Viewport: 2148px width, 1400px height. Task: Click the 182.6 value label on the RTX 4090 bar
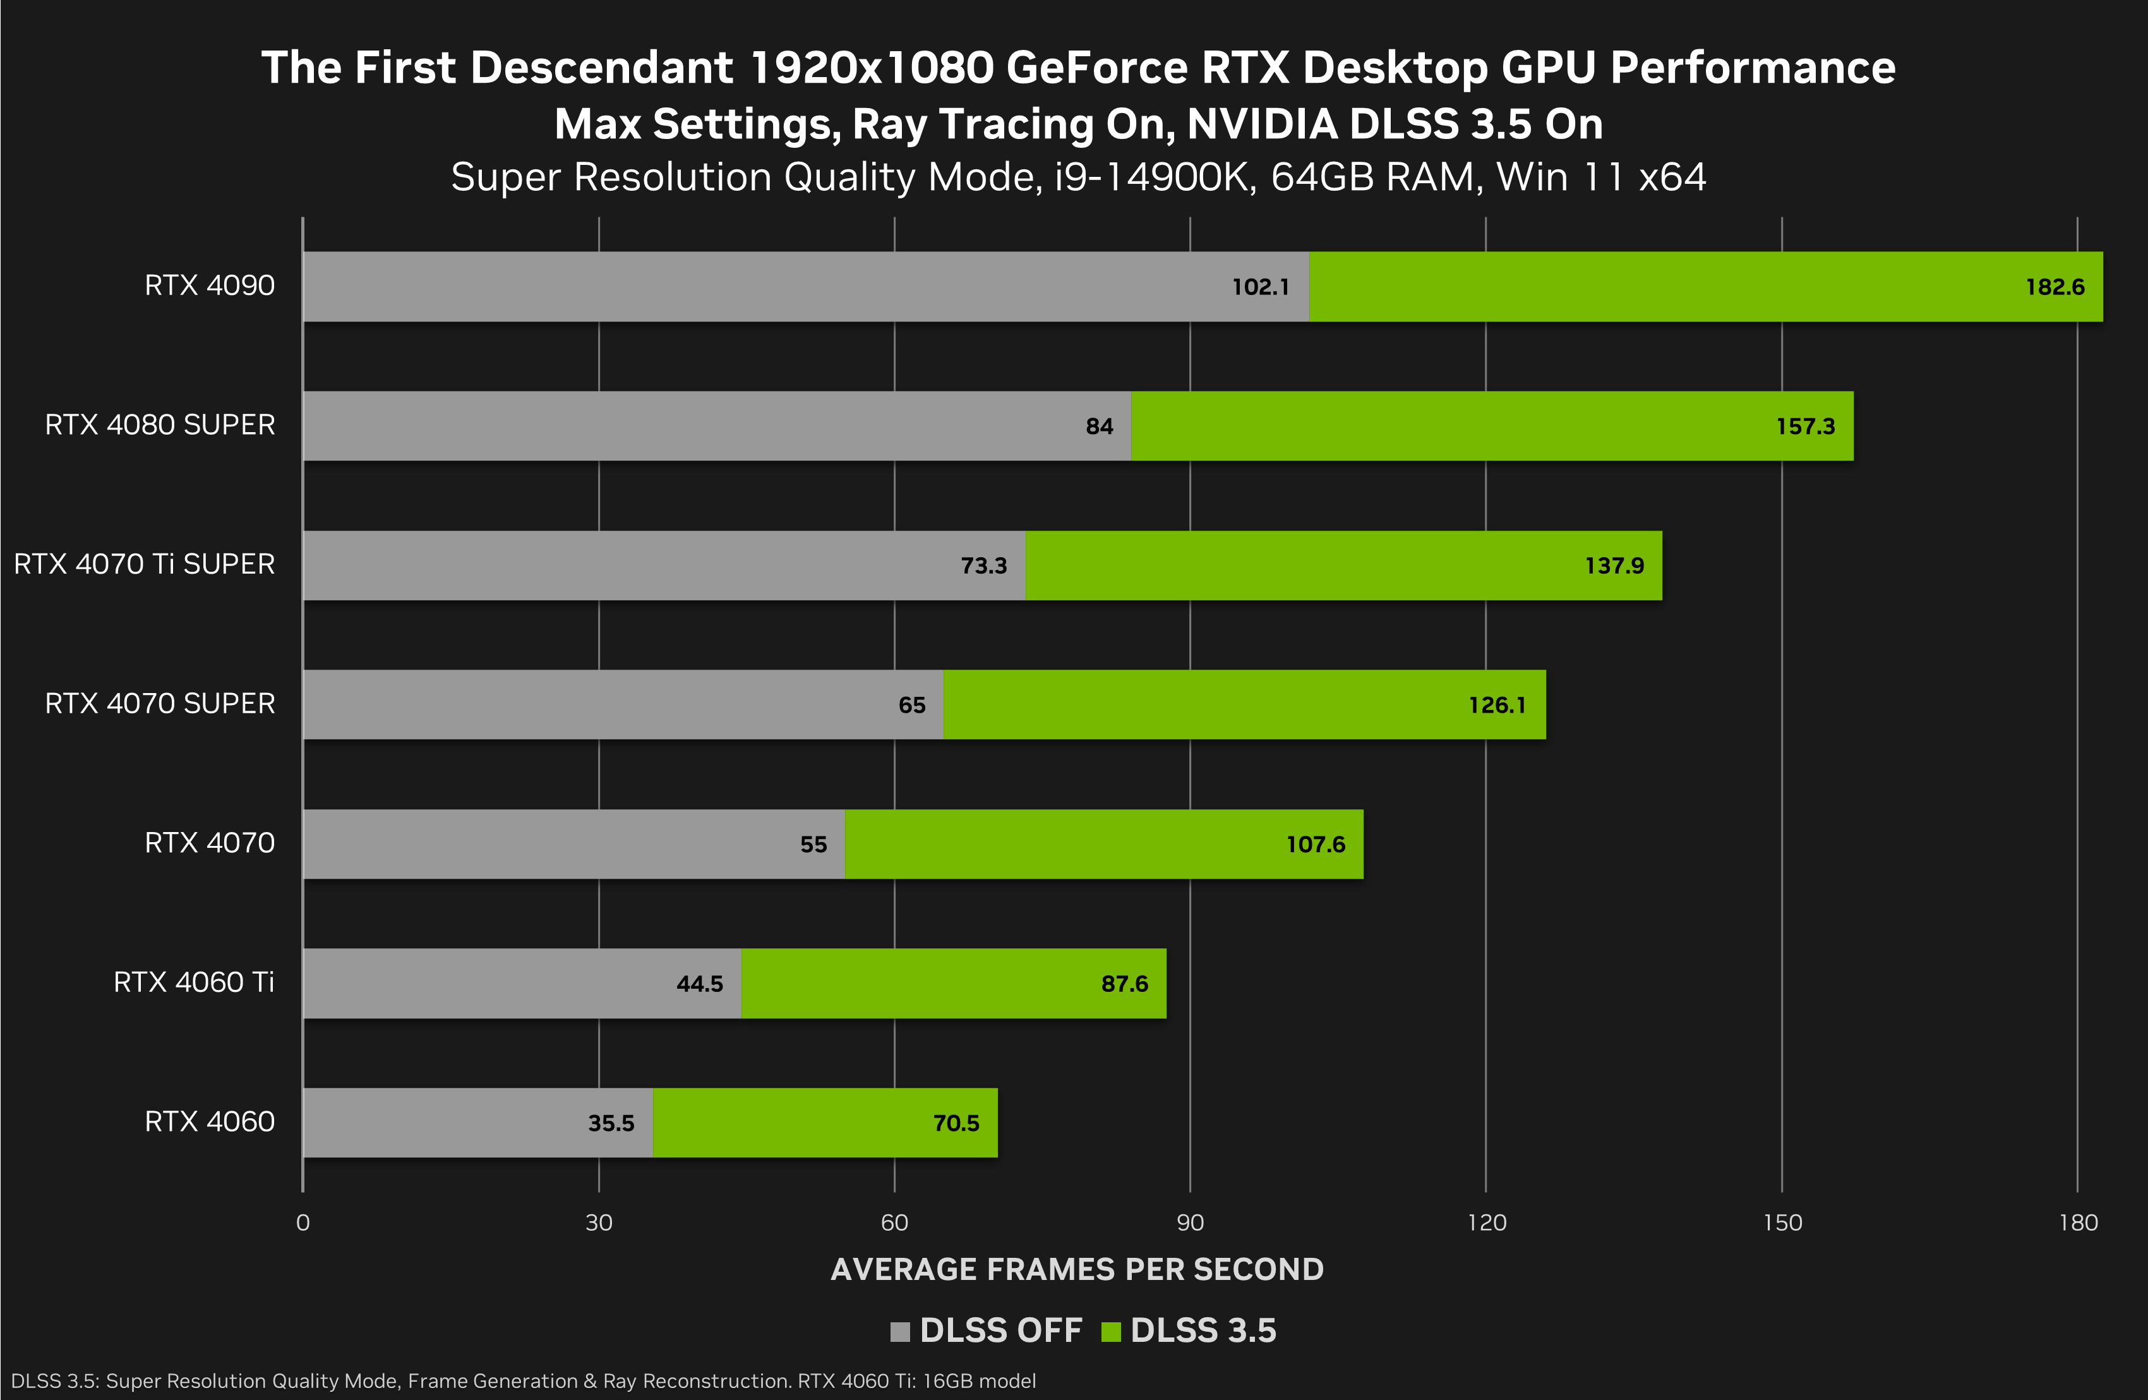pyautogui.click(x=2055, y=287)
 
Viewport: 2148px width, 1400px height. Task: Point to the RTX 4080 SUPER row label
pyautogui.click(x=160, y=425)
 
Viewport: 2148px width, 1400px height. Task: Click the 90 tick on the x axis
pyautogui.click(x=1189, y=1223)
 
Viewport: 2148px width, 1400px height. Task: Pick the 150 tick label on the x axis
pyautogui.click(x=1782, y=1223)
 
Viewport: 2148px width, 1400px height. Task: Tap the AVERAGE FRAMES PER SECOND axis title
pyautogui.click(x=1077, y=1269)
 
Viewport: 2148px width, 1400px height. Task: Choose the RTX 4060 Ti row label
pyautogui.click(x=193, y=982)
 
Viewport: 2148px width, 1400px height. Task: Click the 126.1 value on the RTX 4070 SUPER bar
pyautogui.click(x=1497, y=705)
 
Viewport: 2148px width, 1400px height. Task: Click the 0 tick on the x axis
pyautogui.click(x=303, y=1223)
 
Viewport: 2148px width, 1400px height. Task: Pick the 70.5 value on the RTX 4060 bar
pyautogui.click(x=956, y=1123)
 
